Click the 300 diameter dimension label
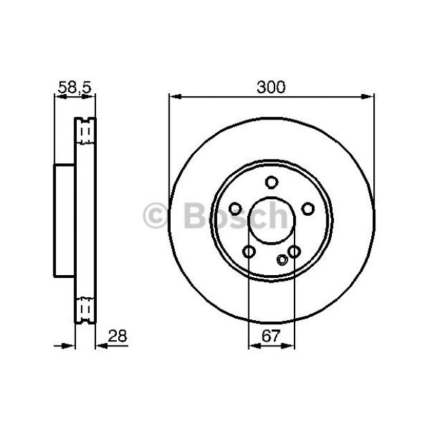271,87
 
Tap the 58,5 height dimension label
75,88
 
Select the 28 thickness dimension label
118,336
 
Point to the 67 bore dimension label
271,336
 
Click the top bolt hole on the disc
272,183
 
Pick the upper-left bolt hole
235,209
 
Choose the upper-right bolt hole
308,209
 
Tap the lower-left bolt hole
249,252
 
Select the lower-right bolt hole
295,252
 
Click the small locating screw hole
282,259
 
